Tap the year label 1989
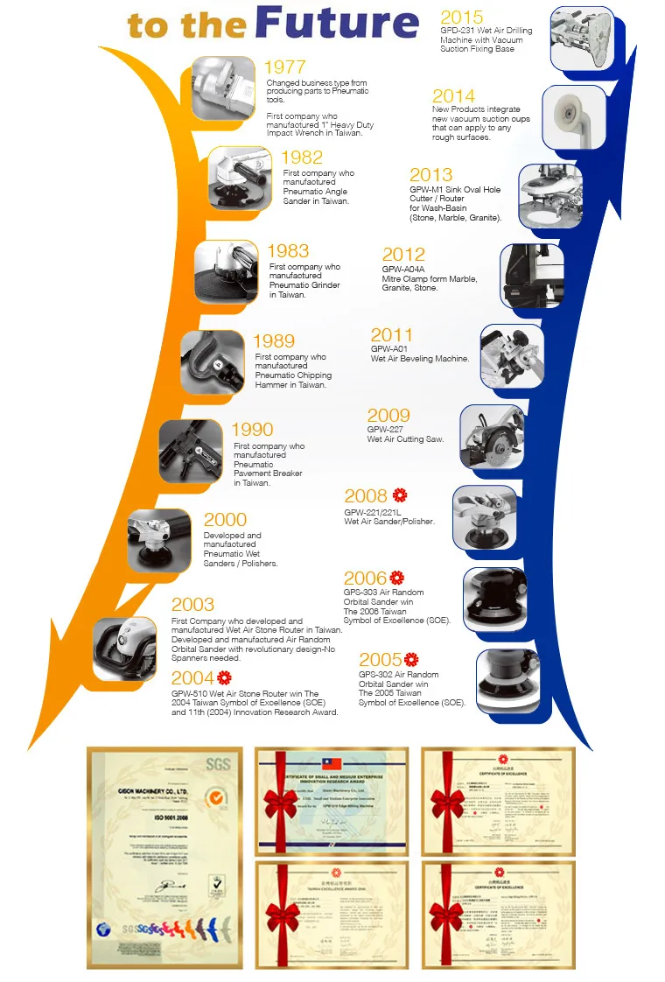pos(274,341)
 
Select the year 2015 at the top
pos(461,18)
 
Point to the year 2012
pos(403,256)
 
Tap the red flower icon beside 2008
pos(400,495)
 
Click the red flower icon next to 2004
pos(224,677)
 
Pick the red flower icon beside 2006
pos(397,578)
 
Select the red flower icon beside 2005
pos(411,659)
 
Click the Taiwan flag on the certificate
pos(332,764)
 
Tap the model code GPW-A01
pos(390,348)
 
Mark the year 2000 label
pos(225,520)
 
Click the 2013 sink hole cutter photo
pos(551,196)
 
